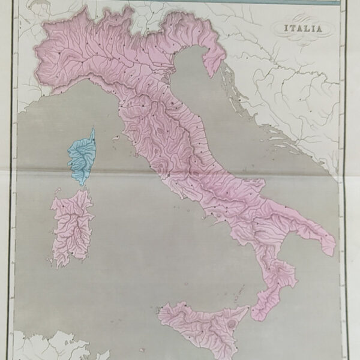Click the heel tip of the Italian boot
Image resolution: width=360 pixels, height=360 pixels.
click(332, 252)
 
